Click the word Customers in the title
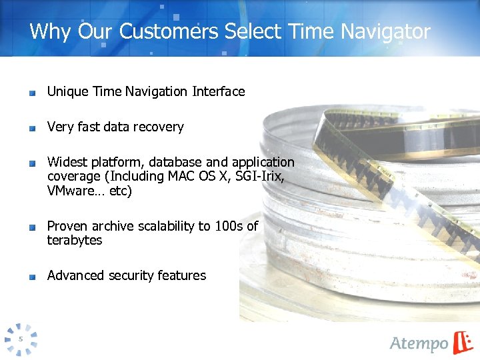(x=172, y=31)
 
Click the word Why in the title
(x=51, y=31)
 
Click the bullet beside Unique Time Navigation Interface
(x=32, y=93)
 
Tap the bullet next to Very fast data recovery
(x=32, y=129)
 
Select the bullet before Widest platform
(x=32, y=164)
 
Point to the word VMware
(x=72, y=191)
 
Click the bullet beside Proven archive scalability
(x=32, y=228)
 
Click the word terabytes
(x=75, y=241)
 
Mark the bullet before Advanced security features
(x=32, y=277)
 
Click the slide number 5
(x=21, y=339)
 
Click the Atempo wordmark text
(x=419, y=343)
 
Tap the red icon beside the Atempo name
(x=463, y=341)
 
